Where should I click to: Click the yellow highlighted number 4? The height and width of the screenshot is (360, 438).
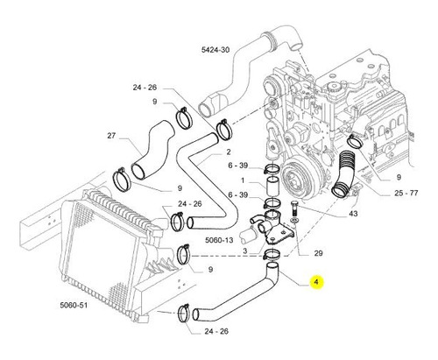[317, 282]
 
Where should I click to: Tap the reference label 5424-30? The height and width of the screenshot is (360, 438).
[215, 50]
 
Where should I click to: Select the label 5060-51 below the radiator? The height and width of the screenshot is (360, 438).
[74, 305]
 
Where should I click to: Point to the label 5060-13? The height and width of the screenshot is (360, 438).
[219, 240]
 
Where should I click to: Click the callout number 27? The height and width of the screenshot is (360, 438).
[111, 136]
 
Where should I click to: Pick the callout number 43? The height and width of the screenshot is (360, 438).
[353, 214]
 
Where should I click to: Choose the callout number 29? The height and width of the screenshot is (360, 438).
[318, 253]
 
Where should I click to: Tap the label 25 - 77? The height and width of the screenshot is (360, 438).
[406, 193]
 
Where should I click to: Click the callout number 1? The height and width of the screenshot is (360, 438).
[243, 180]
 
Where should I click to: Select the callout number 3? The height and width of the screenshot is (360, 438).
[245, 251]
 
